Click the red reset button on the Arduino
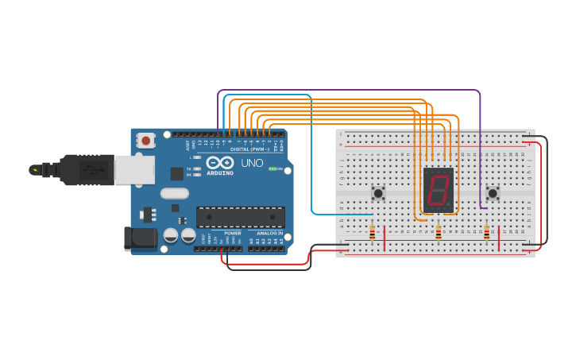coord(145,141)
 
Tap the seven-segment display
coord(438,190)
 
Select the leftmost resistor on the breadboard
coord(372,232)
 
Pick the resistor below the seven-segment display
coord(438,232)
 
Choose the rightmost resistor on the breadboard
coord(486,232)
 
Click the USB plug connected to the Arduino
coord(87,169)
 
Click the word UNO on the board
coord(253,163)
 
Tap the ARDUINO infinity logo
coord(218,163)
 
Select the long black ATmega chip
coord(240,217)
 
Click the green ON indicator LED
coord(272,168)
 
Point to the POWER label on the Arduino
coord(232,233)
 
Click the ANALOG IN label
coord(269,233)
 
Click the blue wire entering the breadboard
coord(342,214)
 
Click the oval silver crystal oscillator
coord(174,193)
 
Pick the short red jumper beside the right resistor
coord(498,238)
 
